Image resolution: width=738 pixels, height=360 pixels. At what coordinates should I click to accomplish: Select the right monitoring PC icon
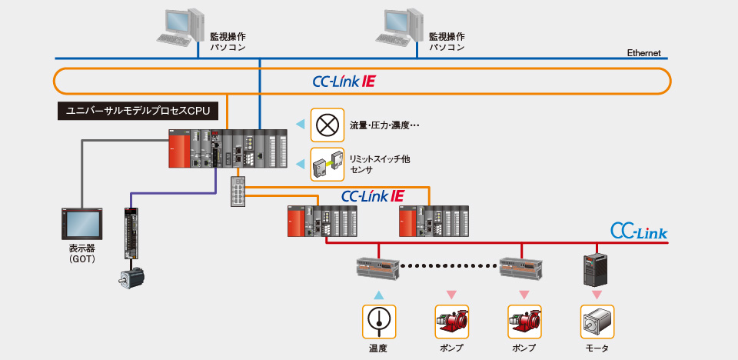pyautogui.click(x=399, y=27)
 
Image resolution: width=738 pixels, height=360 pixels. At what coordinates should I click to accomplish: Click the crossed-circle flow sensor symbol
pyautogui.click(x=325, y=123)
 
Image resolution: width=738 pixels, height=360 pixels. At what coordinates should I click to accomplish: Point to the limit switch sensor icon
pyautogui.click(x=325, y=163)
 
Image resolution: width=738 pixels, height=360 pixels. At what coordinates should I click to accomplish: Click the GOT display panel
pyautogui.click(x=81, y=224)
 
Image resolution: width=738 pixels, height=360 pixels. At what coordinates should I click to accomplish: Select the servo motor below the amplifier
pyautogui.click(x=131, y=278)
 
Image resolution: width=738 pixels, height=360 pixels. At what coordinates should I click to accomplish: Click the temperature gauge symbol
pyautogui.click(x=377, y=320)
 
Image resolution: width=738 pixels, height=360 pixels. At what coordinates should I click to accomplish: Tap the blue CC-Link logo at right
pyautogui.click(x=639, y=231)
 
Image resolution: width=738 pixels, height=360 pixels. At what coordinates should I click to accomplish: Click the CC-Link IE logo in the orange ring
pyautogui.click(x=344, y=81)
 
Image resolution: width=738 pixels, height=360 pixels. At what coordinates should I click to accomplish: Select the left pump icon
pyautogui.click(x=450, y=320)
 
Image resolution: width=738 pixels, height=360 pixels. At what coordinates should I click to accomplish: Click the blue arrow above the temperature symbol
pyautogui.click(x=377, y=295)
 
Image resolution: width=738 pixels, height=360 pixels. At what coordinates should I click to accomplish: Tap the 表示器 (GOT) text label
pyautogui.click(x=81, y=253)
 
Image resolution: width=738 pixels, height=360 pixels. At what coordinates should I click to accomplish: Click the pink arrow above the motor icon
pyautogui.click(x=596, y=295)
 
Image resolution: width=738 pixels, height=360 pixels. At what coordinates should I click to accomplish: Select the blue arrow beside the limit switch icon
pyautogui.click(x=300, y=163)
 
